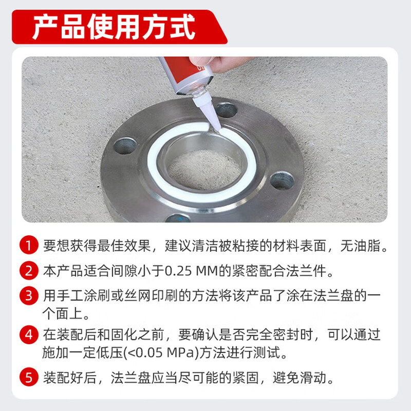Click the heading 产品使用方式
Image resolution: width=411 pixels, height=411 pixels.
pos(114,27)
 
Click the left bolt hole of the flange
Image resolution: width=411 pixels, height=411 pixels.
pos(124,146)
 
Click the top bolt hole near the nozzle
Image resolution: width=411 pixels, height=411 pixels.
pos(226,109)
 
